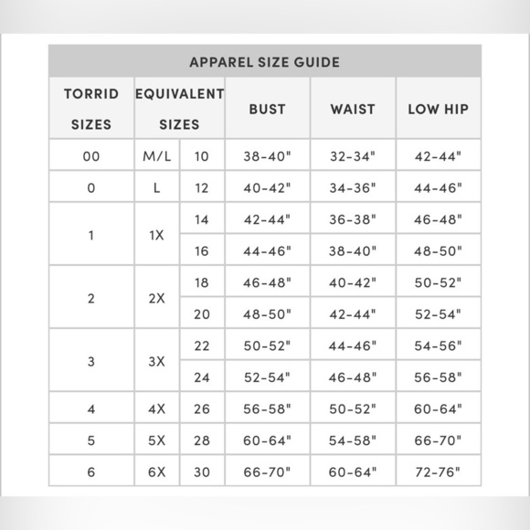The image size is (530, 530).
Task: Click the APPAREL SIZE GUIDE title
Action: coord(264,62)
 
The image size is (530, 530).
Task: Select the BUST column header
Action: coord(267,109)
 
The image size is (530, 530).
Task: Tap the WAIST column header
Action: coord(353,109)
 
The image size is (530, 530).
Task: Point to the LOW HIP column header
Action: coord(438,109)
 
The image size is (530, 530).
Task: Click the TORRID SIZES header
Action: coord(91,109)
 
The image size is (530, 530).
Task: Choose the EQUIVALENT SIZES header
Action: coord(179,109)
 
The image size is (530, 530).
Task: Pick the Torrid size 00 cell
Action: coord(91,156)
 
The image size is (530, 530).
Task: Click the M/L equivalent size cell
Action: coord(157,156)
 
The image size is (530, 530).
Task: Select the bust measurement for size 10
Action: coord(267,156)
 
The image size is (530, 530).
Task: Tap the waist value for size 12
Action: coord(353,188)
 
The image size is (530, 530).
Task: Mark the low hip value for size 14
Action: coord(438,219)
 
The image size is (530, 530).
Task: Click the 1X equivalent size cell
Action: coord(157,235)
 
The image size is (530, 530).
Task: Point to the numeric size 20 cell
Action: coord(202,313)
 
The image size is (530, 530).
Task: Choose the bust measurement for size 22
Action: coord(267,345)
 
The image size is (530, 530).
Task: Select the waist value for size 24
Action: coord(353,376)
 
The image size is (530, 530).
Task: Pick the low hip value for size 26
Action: coord(438,408)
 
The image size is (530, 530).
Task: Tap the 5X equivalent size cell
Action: coord(157,440)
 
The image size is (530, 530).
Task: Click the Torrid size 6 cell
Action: coord(91,472)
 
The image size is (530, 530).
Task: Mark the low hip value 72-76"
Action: coord(438,472)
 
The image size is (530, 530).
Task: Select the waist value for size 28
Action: coord(353,440)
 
